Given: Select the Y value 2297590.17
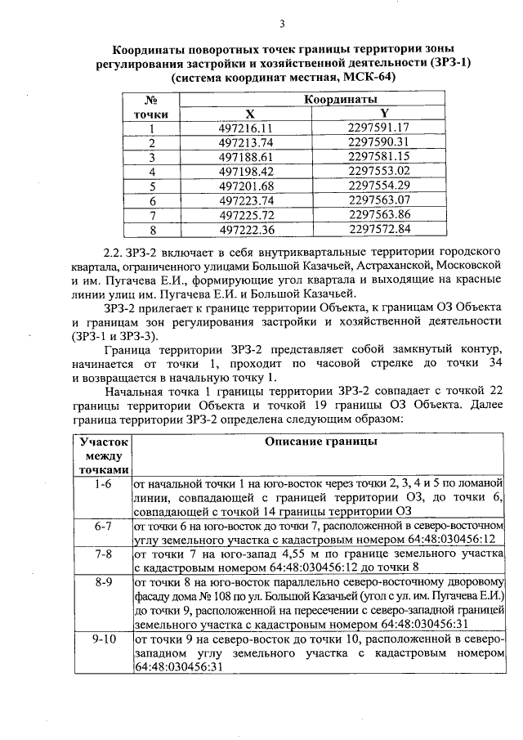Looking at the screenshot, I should click(378, 142).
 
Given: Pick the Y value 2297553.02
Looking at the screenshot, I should click(378, 172).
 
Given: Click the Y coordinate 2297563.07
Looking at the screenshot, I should click(378, 200).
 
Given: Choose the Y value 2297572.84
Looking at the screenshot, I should click(378, 230).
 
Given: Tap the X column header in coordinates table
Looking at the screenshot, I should click(249, 114).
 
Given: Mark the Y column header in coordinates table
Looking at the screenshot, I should click(384, 114).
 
